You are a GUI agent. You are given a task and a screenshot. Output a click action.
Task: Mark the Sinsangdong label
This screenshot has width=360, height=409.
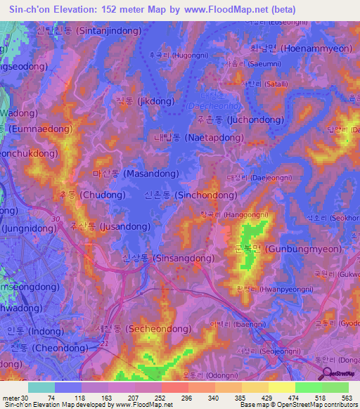[168, 258]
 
